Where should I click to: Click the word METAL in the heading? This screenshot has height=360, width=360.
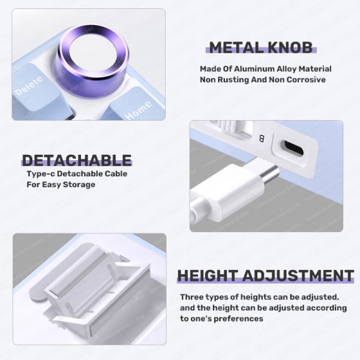tap(235, 48)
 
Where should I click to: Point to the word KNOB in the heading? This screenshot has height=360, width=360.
tap(290, 48)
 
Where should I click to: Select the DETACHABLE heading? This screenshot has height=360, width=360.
tap(77, 160)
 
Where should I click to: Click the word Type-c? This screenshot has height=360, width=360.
tap(40, 174)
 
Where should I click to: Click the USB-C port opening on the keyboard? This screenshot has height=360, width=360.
tap(293, 148)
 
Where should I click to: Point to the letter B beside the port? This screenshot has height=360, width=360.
tap(262, 139)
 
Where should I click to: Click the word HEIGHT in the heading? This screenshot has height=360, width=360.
tap(207, 275)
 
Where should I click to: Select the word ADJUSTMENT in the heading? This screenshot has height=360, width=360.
tap(298, 275)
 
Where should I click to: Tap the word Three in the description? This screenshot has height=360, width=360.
tap(192, 297)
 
